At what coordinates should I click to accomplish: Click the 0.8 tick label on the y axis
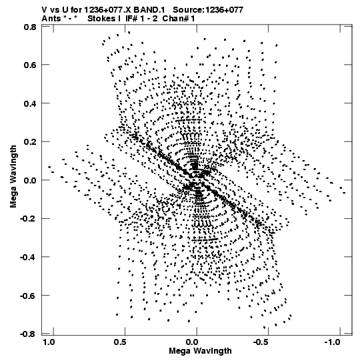click(30, 27)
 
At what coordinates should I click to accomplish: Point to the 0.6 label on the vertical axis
click(30, 65)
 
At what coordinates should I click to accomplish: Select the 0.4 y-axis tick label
click(30, 103)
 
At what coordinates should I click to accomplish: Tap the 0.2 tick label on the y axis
click(30, 142)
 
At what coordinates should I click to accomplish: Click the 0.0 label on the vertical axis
click(30, 180)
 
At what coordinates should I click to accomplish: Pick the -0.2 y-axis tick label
click(28, 218)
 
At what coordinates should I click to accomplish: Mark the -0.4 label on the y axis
click(28, 257)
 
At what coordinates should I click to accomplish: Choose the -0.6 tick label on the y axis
click(28, 296)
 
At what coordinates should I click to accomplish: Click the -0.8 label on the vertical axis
click(28, 334)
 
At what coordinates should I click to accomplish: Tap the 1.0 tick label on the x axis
click(49, 342)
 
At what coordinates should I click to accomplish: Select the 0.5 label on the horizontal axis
click(120, 342)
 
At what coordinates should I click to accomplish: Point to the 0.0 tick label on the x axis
click(192, 342)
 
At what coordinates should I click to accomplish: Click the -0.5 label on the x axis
click(261, 342)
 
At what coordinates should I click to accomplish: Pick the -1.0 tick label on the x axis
click(333, 342)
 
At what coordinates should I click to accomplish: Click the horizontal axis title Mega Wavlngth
click(200, 351)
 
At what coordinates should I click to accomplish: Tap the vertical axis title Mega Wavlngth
click(13, 177)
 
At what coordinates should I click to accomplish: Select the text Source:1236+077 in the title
click(208, 10)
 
